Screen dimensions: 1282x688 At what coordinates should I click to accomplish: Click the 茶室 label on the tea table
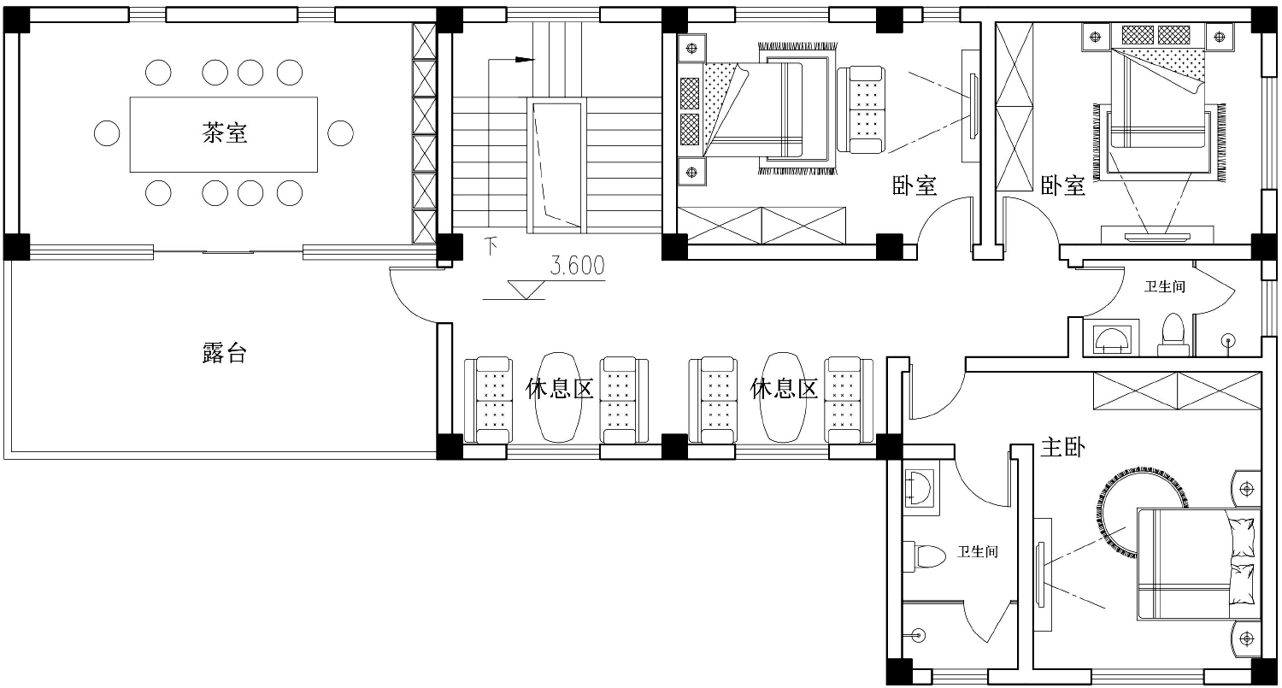pos(224,132)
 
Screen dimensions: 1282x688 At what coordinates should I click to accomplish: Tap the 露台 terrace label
pos(224,353)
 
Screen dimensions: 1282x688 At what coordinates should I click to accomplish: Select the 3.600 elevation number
pos(577,266)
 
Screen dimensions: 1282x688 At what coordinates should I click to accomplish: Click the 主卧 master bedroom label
pos(1062,447)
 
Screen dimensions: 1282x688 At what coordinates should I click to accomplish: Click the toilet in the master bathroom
pos(924,556)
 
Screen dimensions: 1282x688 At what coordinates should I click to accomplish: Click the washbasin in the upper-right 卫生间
pos(1112,339)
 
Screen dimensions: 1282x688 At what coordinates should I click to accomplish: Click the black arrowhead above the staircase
pos(524,59)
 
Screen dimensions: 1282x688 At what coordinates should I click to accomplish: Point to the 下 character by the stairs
pos(491,246)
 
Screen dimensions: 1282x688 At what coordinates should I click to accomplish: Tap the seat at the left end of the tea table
pos(107,133)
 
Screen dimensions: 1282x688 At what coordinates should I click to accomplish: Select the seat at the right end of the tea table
pos(340,133)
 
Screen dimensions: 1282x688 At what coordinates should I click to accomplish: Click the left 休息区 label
pos(559,389)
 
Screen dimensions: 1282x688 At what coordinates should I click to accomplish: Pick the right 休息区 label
pos(784,389)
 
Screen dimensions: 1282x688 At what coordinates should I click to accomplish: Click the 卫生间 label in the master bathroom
pos(978,551)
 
